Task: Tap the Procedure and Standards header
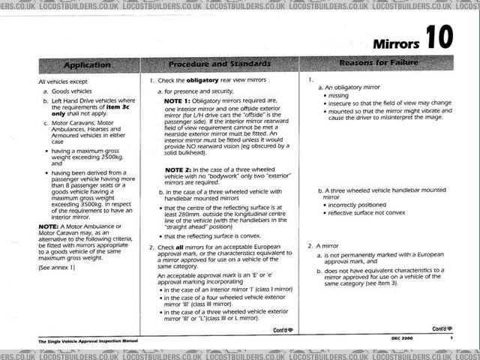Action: [219, 65]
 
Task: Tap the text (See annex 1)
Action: [58, 266]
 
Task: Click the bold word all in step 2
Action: [181, 247]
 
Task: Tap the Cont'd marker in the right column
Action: [442, 328]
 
